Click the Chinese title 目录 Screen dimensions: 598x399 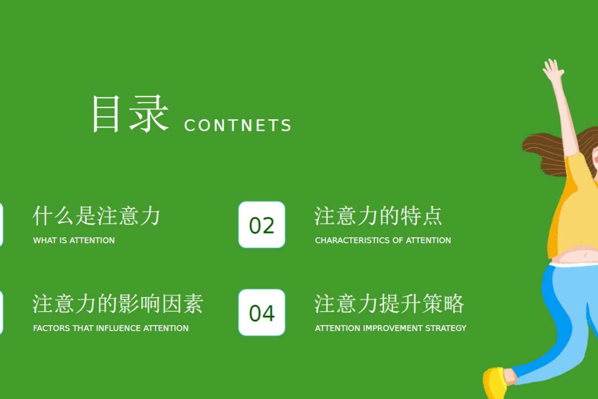tap(130, 114)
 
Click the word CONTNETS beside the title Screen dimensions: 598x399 tap(238, 125)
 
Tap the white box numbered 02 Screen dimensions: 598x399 tap(262, 224)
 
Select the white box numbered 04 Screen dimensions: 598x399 tap(262, 312)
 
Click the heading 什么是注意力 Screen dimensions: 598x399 tap(96, 216)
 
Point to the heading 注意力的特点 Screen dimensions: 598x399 tap(378, 216)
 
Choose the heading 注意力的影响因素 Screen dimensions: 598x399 tap(118, 304)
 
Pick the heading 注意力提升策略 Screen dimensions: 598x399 tap(389, 304)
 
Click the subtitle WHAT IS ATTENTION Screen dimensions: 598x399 tap(74, 240)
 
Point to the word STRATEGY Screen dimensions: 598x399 tap(446, 328)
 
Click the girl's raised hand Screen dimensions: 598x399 tap(554, 69)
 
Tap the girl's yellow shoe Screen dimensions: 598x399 tap(495, 383)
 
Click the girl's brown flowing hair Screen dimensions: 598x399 tap(545, 154)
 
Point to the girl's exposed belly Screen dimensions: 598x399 tap(577, 255)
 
